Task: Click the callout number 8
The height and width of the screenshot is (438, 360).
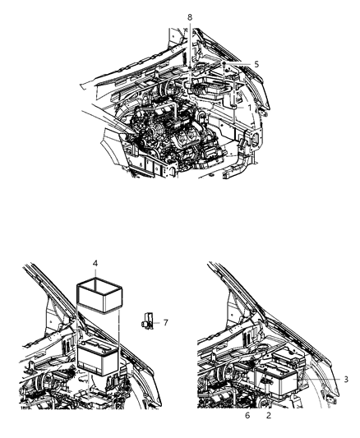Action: pyautogui.click(x=190, y=17)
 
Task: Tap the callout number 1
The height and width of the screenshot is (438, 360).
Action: pyautogui.click(x=249, y=107)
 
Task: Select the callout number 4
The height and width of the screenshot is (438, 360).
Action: pyautogui.click(x=96, y=264)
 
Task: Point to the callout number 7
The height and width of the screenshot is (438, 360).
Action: pyautogui.click(x=165, y=323)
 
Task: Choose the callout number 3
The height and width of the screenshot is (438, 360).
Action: pyautogui.click(x=346, y=379)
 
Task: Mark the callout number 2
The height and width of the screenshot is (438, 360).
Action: pyautogui.click(x=269, y=416)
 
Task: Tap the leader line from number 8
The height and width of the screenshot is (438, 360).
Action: pyautogui.click(x=190, y=49)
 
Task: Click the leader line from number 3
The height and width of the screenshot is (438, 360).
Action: pyautogui.click(x=325, y=378)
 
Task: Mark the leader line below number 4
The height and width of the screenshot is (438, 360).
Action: pyautogui.click(x=96, y=275)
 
